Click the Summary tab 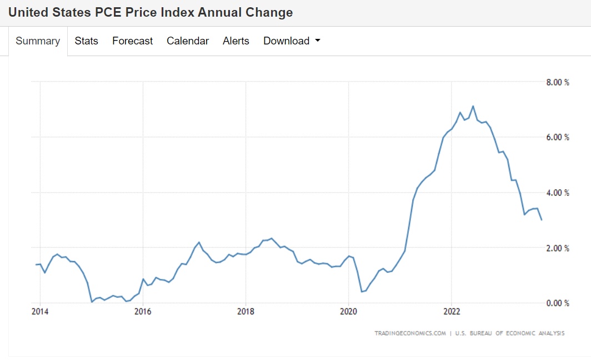click(x=38, y=41)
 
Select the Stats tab click(x=86, y=41)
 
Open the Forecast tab click(x=132, y=41)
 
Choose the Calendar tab click(x=188, y=41)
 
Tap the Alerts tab click(x=236, y=41)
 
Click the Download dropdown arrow click(x=318, y=41)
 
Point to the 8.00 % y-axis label click(x=558, y=82)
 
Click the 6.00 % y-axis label click(x=558, y=137)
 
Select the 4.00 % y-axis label click(x=558, y=193)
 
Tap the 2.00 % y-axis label click(x=558, y=248)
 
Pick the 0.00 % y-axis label click(x=558, y=303)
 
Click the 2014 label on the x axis click(x=40, y=312)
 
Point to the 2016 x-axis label click(x=143, y=312)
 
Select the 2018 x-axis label click(x=246, y=312)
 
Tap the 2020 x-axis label click(x=348, y=312)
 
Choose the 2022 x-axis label click(x=452, y=312)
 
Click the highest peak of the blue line click(x=473, y=106)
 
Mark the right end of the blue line click(x=542, y=220)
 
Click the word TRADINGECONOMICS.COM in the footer click(x=410, y=333)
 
